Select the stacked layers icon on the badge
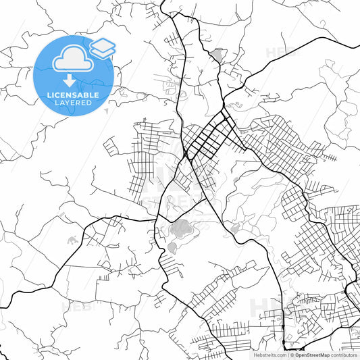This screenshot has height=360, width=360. tap(103, 48)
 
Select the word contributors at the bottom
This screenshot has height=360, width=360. tap(343, 355)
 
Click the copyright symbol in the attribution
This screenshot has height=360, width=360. tap(292, 355)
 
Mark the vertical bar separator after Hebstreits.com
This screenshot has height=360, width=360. tap(287, 355)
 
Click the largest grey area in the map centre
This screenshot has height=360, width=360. tap(180, 229)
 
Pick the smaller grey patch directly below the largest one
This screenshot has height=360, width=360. tap(172, 247)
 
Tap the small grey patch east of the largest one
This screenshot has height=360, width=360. tap(234, 230)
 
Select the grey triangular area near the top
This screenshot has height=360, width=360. tap(217, 54)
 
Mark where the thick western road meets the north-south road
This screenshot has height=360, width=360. tap(157, 220)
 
